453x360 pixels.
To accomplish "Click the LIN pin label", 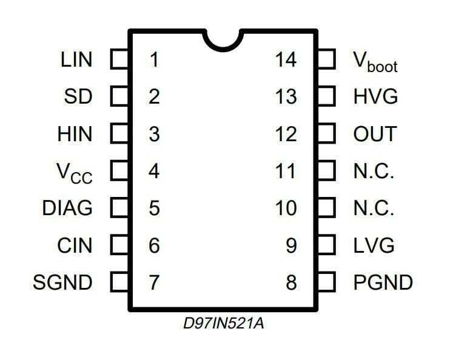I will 76,60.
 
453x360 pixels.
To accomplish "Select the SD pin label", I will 78,97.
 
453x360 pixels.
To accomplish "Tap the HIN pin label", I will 75,134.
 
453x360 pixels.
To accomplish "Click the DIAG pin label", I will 67,208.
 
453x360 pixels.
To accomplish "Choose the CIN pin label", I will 75,245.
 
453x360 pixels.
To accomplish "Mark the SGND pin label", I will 63,282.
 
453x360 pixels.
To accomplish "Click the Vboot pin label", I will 375,61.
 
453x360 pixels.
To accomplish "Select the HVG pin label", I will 375,97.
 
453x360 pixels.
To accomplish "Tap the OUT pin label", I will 375,134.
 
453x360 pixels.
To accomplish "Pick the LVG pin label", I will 374,245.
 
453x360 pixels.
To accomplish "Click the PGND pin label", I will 383,282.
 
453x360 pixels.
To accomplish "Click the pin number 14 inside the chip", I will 286,60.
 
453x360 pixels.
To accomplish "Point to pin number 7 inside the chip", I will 155,282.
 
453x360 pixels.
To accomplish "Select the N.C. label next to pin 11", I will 374,172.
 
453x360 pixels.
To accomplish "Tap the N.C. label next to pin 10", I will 374,208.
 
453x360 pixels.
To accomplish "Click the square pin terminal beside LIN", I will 119,59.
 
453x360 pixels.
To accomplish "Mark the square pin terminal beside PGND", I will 326,282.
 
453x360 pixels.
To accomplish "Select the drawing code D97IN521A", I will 223,323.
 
